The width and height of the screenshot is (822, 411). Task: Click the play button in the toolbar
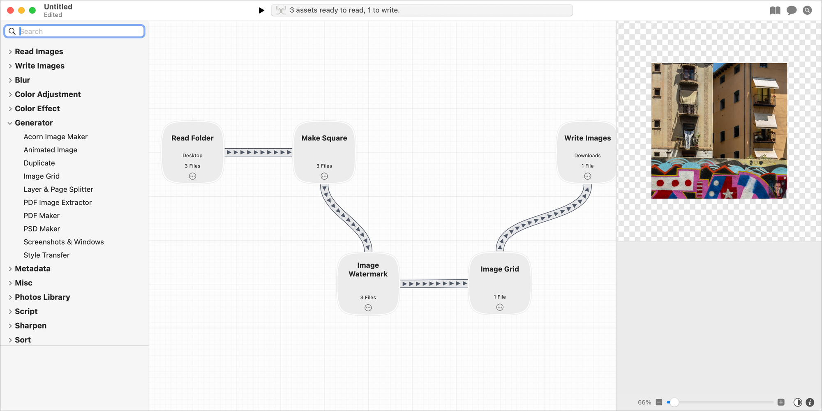[x=261, y=10]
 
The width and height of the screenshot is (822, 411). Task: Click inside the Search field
[x=80, y=31]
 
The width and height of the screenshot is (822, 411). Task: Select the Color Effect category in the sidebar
[x=37, y=108]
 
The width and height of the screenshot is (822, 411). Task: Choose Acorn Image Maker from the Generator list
[x=55, y=137]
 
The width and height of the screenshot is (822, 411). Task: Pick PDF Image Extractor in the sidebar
[x=58, y=202]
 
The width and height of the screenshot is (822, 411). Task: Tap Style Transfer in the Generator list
[x=46, y=255]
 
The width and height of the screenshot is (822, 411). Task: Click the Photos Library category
[x=42, y=297]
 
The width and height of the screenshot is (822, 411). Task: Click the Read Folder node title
[x=192, y=138]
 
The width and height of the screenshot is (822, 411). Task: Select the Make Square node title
[x=324, y=138]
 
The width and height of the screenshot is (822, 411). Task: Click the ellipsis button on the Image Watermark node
[x=368, y=308]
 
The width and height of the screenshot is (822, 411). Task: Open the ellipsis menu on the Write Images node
[x=588, y=176]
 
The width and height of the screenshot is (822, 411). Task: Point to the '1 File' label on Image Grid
[x=500, y=297]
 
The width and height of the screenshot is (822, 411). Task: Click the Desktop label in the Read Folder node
[x=192, y=156]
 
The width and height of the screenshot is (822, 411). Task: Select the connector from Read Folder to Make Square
[x=259, y=152]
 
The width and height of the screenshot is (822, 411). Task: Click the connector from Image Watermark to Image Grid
[x=434, y=283]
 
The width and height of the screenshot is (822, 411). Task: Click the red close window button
[x=11, y=10]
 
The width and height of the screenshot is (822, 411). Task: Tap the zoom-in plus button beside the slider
[x=781, y=402]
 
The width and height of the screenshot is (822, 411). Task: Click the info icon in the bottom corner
[x=810, y=402]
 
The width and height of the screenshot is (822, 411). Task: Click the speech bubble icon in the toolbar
[x=791, y=10]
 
